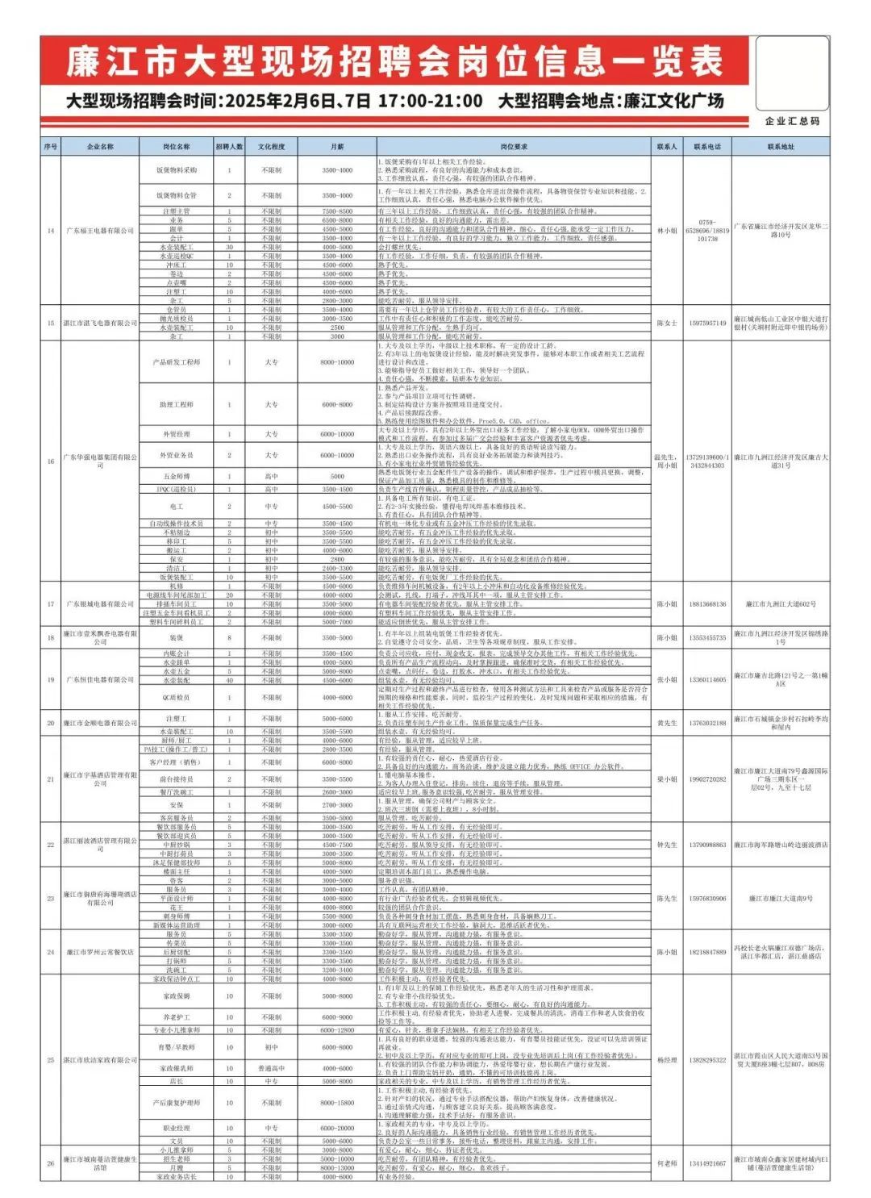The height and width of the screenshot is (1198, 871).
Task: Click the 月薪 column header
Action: point(337,147)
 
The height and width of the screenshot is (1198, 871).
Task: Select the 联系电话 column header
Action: point(707,147)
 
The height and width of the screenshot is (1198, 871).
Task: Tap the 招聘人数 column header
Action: point(229,147)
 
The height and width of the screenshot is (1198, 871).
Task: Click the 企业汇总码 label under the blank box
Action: point(792,121)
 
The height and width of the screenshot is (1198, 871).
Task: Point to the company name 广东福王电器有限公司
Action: point(100,231)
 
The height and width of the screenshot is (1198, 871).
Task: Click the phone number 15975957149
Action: point(707,323)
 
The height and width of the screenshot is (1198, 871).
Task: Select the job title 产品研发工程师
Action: point(177,362)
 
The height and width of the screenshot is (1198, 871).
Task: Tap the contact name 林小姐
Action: point(667,231)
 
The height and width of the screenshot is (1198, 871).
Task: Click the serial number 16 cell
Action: point(51,461)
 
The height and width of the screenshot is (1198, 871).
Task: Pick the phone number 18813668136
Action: point(707,603)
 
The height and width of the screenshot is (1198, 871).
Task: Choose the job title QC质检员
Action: point(177,697)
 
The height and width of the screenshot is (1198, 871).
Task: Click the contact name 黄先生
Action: point(667,723)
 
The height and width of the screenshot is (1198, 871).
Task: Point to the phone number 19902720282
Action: point(707,779)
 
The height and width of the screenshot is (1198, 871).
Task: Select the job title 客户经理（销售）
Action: point(177,762)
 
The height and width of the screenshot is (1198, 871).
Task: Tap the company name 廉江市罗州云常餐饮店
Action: point(100,952)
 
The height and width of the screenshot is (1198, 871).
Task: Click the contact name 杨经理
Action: point(667,1060)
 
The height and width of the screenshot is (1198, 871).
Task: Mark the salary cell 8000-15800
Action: point(337,1102)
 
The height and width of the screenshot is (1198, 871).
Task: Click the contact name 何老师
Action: point(667,1163)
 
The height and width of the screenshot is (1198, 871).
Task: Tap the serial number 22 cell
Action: point(51,845)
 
